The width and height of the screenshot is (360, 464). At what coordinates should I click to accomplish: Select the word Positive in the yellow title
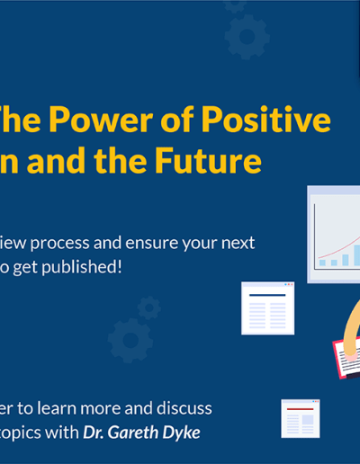[265, 119]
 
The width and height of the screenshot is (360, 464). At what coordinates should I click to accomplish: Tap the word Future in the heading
[208, 159]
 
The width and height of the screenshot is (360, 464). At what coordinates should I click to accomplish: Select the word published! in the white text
[82, 267]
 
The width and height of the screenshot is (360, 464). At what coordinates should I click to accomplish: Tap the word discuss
[184, 408]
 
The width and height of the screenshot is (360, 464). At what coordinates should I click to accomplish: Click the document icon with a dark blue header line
[267, 308]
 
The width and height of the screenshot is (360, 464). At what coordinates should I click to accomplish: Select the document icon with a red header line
[301, 418]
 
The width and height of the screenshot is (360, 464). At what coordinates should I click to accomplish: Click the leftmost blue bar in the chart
[322, 263]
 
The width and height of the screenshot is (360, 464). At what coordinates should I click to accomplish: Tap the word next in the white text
[238, 244]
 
